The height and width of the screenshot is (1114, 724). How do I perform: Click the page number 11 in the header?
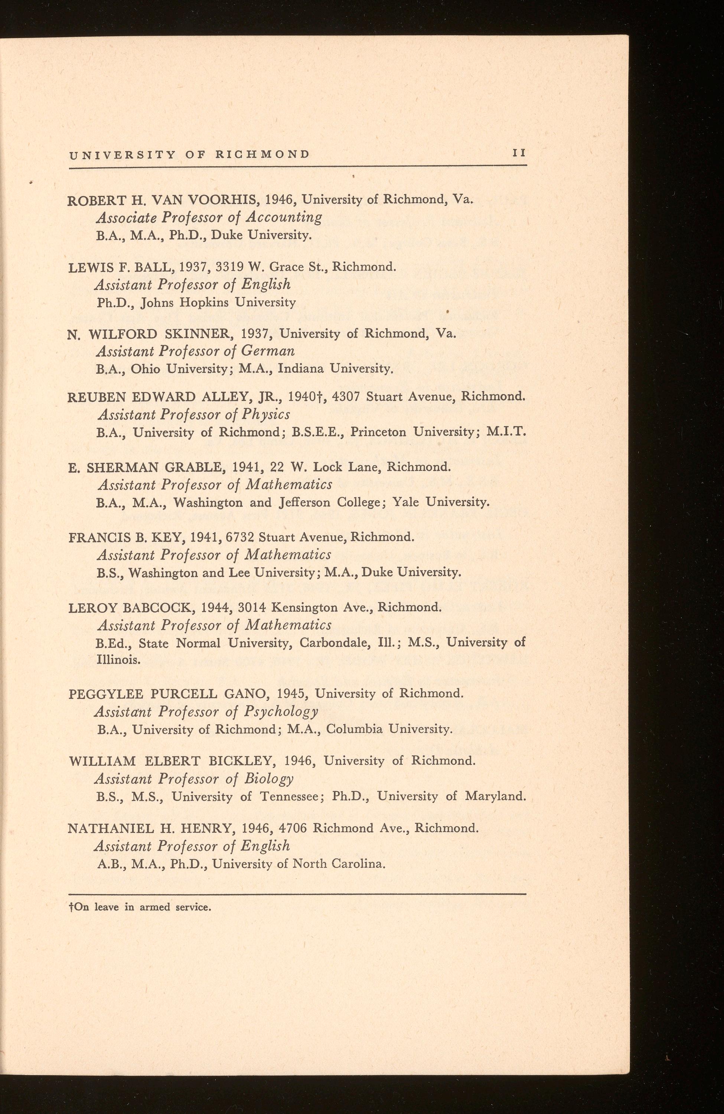pos(519,153)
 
